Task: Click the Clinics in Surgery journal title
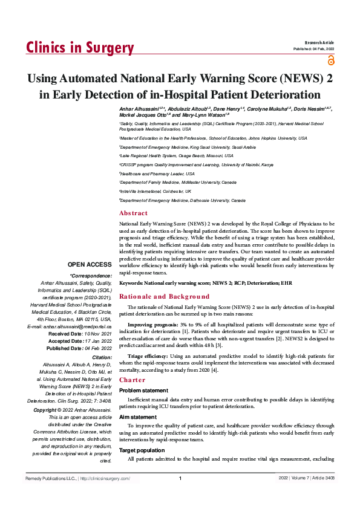coord(80,48)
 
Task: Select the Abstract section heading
coord(133,213)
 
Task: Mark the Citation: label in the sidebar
coord(100,357)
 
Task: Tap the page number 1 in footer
coord(180,479)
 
